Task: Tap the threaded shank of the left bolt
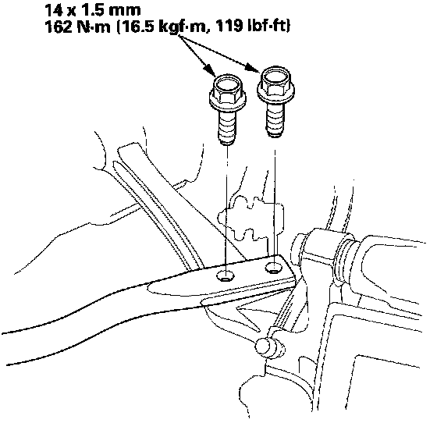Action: coord(227,127)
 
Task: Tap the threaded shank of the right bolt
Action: coord(275,119)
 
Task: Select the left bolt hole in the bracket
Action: coord(226,276)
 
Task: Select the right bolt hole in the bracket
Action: coord(274,268)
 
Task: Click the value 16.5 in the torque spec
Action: coord(137,27)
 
